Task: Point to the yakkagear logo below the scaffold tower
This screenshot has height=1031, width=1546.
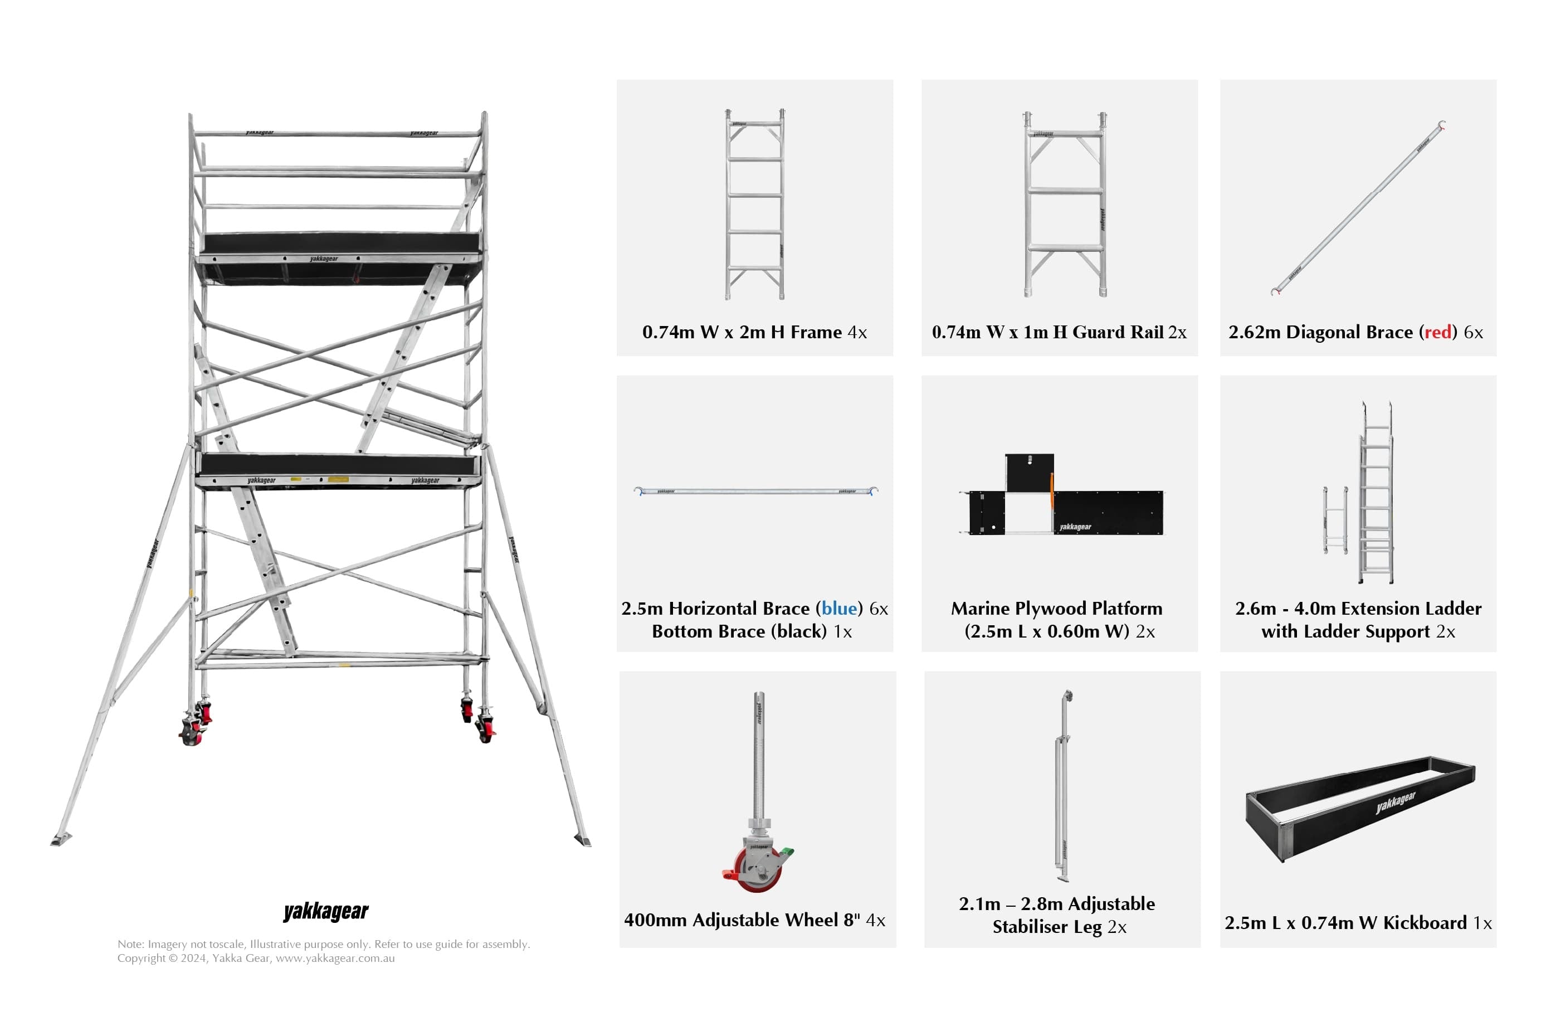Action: pos(326,912)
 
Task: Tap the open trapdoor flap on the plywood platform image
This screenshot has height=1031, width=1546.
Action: pos(1030,472)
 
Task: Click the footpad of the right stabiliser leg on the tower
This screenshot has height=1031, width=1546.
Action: pos(583,840)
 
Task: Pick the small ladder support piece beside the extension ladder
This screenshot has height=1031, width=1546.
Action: pos(1335,520)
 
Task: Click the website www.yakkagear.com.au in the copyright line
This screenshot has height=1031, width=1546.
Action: pos(335,959)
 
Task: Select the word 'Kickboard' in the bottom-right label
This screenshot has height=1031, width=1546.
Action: pos(1425,923)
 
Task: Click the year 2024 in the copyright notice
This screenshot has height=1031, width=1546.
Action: pos(194,959)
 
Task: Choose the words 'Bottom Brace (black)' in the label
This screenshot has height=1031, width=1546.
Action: pos(739,632)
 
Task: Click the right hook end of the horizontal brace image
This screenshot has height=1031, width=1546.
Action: pos(874,490)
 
